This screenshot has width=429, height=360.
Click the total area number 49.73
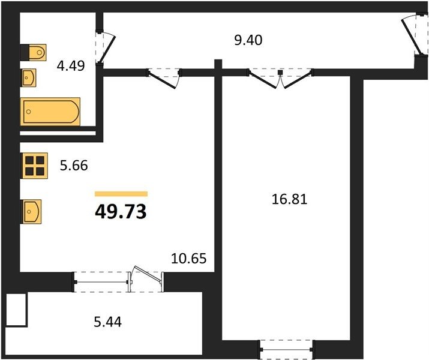(121, 212)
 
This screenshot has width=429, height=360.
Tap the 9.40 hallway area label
(248, 40)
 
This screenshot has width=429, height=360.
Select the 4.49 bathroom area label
(71, 65)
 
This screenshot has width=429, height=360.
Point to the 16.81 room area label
(289, 199)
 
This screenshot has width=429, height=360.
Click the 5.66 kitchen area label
(74, 166)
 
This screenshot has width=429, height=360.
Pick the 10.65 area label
(189, 259)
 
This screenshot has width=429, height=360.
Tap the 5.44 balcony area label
(107, 322)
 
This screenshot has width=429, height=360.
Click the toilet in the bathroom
(34, 52)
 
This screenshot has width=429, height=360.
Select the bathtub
(50, 112)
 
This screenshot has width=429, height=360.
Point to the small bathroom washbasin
(29, 77)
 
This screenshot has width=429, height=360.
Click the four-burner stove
(35, 166)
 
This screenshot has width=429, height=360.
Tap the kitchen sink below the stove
(32, 212)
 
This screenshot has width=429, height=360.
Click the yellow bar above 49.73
(121, 194)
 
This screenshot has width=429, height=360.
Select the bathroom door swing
(106, 48)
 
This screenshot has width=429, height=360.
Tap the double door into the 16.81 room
(280, 78)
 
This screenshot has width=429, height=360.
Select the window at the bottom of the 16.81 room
(287, 349)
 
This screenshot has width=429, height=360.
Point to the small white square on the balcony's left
(16, 310)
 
